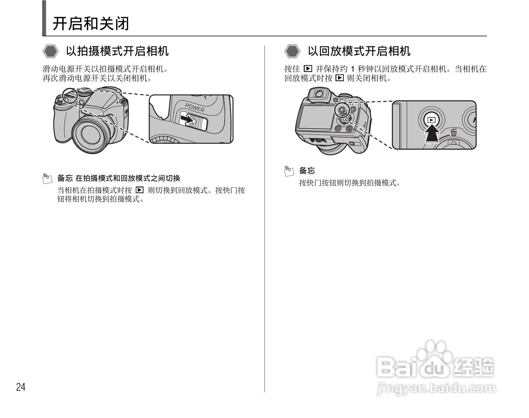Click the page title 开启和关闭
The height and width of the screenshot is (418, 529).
[91, 24]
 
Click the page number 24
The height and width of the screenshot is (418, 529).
[21, 387]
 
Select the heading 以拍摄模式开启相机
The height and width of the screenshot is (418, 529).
[117, 51]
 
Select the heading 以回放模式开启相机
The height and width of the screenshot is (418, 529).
[359, 51]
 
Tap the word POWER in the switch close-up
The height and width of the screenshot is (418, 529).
[195, 108]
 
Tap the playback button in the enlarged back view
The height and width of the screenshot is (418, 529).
[432, 120]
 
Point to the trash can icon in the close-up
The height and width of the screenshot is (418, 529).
[454, 132]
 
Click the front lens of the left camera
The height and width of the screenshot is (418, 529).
[91, 133]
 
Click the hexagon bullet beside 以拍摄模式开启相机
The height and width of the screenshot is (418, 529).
[51, 52]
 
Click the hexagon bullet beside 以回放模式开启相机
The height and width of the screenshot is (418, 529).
[292, 52]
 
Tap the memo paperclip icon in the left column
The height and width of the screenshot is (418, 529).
[47, 178]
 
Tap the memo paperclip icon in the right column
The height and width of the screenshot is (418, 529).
[289, 171]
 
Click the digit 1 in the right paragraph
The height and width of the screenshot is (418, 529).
[353, 69]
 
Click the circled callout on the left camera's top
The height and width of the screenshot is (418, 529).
[69, 96]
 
